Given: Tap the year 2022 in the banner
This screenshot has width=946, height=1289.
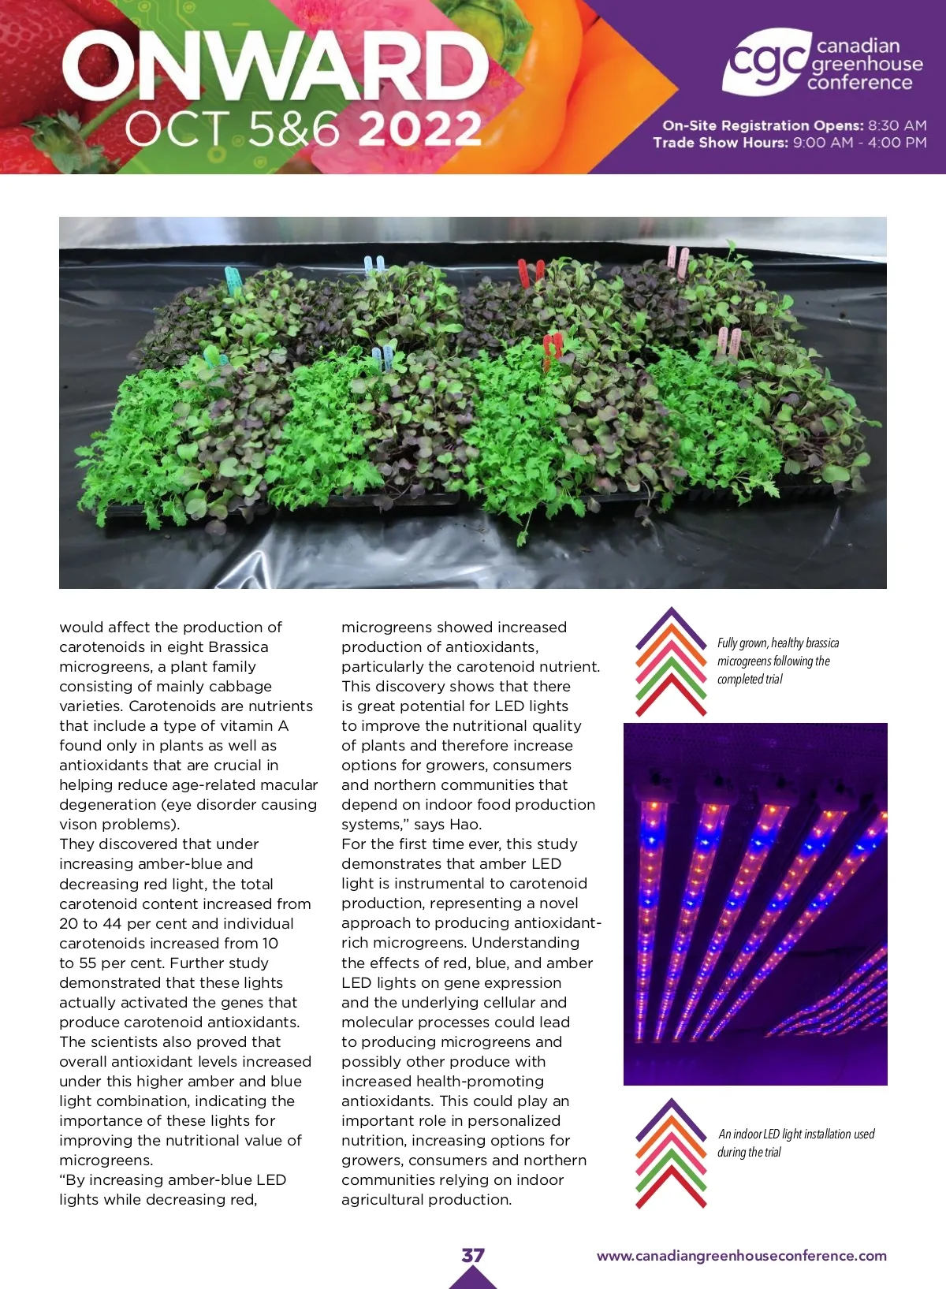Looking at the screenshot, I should [420, 129].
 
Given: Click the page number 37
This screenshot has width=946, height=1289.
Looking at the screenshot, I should [473, 1255].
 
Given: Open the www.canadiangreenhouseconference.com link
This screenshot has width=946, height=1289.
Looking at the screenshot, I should [741, 1256].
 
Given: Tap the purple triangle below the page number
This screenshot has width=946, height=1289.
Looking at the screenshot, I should [473, 1278].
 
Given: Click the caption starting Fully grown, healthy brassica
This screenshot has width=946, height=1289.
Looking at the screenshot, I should [777, 661].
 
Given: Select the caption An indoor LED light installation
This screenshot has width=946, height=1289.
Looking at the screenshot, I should [795, 1142].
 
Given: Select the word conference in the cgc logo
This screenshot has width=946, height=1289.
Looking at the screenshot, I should [859, 83].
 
